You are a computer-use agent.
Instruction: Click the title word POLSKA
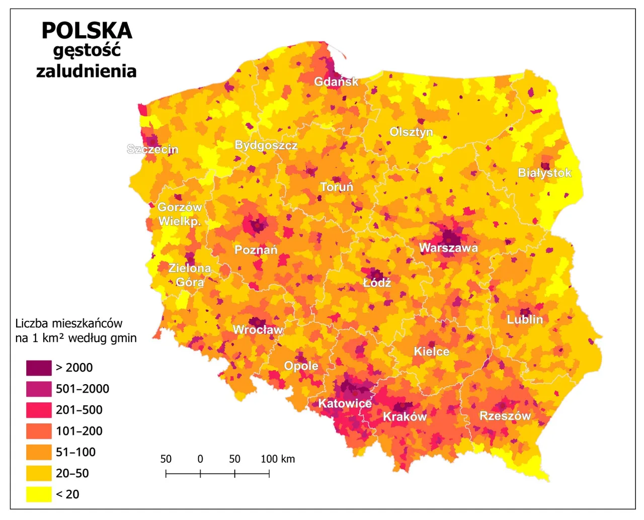click(x=87, y=31)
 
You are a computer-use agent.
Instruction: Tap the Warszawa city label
click(x=448, y=248)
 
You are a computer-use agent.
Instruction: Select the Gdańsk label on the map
click(x=336, y=81)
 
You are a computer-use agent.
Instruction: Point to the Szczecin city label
click(x=152, y=149)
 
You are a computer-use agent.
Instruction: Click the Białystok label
click(x=544, y=173)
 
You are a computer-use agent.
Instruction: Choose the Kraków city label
click(x=405, y=417)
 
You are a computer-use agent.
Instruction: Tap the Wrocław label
click(x=258, y=330)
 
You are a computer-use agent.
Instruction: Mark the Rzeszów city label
click(x=505, y=416)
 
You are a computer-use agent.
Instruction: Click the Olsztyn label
click(x=411, y=132)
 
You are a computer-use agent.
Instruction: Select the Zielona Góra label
click(x=190, y=275)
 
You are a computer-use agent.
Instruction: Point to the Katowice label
click(x=345, y=403)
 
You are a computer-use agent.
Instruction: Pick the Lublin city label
click(x=524, y=319)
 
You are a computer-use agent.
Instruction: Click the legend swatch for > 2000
click(x=39, y=368)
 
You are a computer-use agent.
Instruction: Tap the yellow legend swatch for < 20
click(x=39, y=494)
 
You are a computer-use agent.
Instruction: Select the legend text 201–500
click(x=79, y=410)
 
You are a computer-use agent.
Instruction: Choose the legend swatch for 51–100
click(x=39, y=452)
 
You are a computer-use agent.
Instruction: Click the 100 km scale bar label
click(x=278, y=459)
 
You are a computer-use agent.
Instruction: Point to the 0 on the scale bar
click(x=200, y=459)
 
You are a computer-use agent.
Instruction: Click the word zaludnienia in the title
click(x=87, y=71)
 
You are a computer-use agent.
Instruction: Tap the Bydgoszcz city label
click(x=266, y=145)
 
